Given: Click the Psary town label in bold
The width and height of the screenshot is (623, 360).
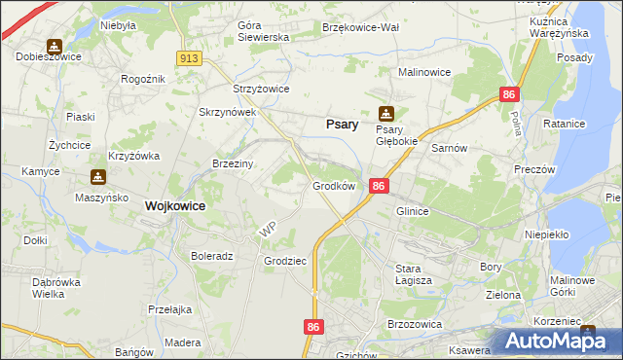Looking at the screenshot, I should [340, 125].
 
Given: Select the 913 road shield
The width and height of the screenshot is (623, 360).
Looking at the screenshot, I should [189, 59].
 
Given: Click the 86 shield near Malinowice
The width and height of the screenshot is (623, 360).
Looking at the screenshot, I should [509, 94].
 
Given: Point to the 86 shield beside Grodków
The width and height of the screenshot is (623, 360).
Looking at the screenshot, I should [380, 186].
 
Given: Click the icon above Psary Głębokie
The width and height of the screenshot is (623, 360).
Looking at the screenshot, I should [386, 113].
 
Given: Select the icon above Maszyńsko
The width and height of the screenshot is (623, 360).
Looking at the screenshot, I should [97, 177].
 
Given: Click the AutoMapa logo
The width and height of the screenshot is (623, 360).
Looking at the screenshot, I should [563, 341].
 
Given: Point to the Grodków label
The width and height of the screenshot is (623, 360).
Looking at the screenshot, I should [333, 185].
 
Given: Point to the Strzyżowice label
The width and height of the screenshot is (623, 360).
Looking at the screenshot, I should [261, 89].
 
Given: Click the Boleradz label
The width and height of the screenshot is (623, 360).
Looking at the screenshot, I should [212, 257].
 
